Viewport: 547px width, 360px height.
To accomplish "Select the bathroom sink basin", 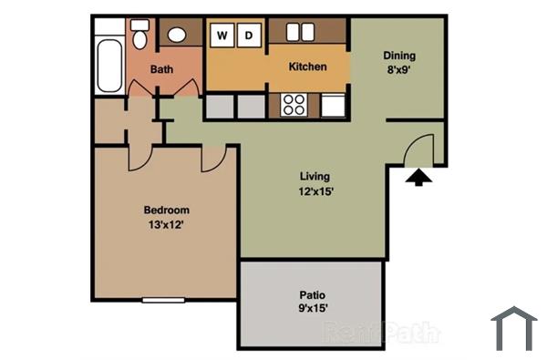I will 177,36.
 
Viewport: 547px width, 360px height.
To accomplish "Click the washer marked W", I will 222,36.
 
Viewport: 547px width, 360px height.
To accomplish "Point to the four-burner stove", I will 294,104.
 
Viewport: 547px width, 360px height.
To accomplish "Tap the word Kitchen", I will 307,67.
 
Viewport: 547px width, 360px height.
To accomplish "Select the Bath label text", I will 162,69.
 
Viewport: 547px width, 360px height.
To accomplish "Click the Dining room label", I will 398,55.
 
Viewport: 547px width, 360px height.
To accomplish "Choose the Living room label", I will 315,176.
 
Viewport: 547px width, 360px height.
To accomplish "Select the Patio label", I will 313,294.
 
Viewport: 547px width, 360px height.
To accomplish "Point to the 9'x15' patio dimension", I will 313,308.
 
